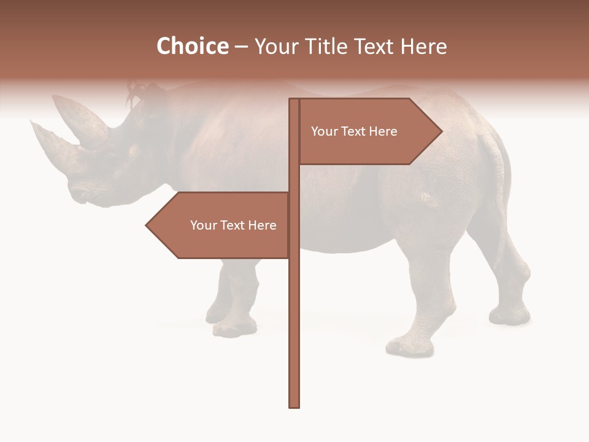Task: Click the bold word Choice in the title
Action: [x=192, y=46]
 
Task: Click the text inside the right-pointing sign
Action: [x=354, y=131]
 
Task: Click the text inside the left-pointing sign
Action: [x=233, y=225]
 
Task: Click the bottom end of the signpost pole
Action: [x=294, y=405]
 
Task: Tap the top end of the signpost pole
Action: [x=294, y=101]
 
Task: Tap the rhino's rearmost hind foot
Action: [x=509, y=315]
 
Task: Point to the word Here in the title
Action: [x=423, y=46]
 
